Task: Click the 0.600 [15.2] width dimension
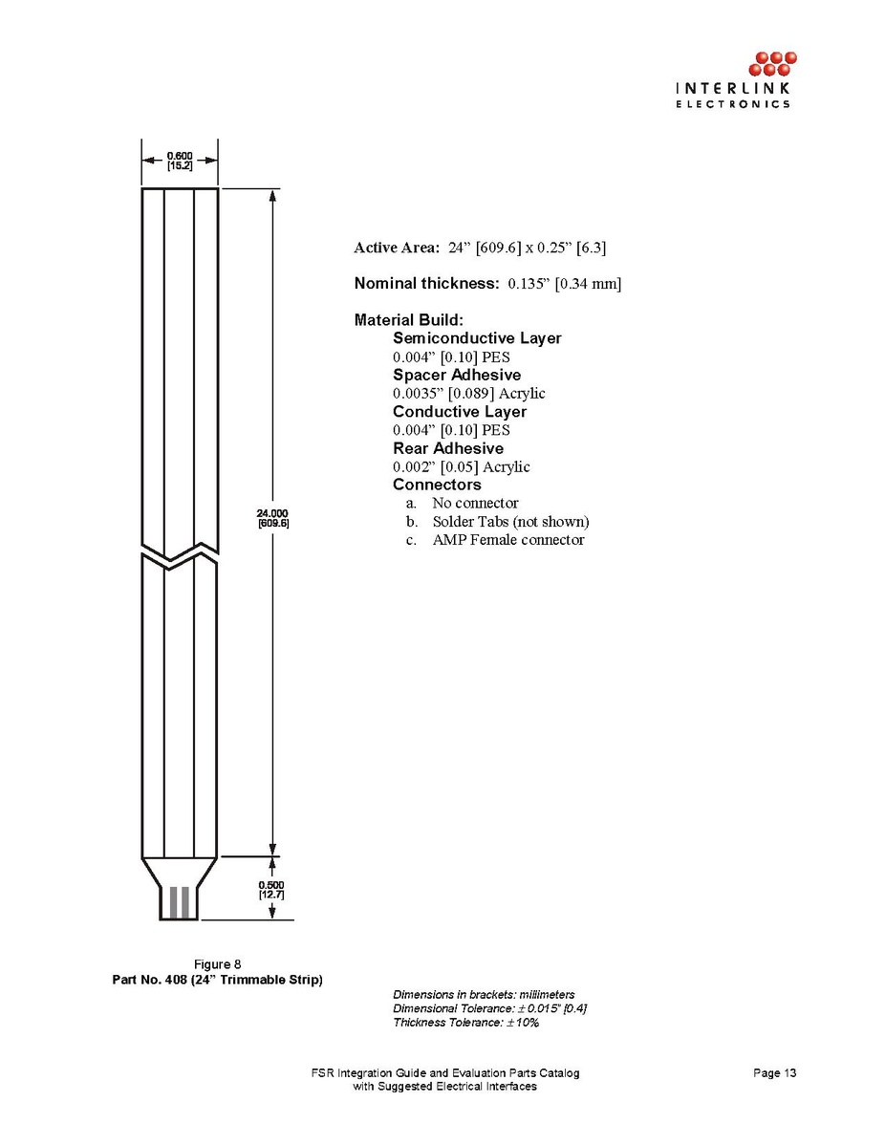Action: (180, 160)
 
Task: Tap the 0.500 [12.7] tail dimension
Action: (272, 889)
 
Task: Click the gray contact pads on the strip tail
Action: (179, 902)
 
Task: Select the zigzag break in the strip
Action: (180, 554)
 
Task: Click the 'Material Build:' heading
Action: (408, 320)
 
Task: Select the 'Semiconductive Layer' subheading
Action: (477, 338)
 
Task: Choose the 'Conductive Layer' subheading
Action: (460, 412)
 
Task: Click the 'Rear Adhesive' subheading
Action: (448, 448)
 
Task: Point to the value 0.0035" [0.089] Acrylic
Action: (469, 393)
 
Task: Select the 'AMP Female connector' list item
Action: (507, 540)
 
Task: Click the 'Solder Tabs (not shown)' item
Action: (510, 522)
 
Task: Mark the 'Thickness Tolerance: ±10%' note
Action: (466, 1023)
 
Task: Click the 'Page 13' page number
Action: (774, 1073)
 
